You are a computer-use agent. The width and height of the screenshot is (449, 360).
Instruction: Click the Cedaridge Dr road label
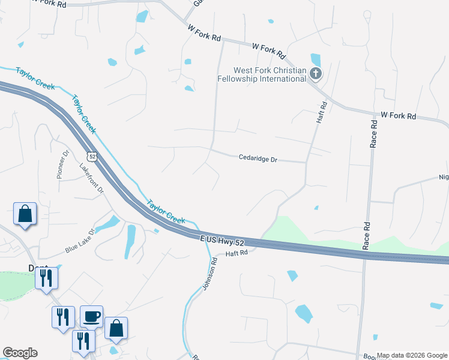(258, 160)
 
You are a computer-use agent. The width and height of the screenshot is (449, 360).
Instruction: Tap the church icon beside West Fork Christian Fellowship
(316, 74)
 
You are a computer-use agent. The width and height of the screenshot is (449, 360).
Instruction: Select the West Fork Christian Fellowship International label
(262, 75)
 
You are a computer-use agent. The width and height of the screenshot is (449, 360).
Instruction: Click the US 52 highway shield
(91, 156)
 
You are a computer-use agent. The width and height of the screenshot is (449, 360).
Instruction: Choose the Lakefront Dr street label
(92, 178)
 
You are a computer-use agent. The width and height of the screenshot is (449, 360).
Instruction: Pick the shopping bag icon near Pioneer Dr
(25, 213)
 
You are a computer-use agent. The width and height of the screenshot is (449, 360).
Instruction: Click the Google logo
(20, 353)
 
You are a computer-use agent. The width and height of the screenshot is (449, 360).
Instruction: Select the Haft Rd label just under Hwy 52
(237, 254)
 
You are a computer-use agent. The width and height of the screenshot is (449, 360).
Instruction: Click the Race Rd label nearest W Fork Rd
(373, 133)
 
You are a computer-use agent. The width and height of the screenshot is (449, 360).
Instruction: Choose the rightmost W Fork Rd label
(399, 115)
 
